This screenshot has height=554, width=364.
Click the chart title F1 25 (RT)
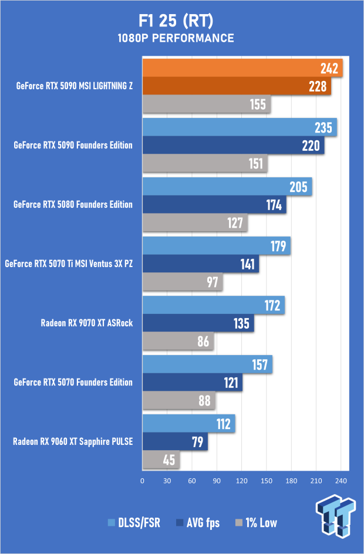point(181,22)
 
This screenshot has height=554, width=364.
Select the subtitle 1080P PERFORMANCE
point(181,39)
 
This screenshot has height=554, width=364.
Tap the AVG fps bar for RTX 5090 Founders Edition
point(233,146)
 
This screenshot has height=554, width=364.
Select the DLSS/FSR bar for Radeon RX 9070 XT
point(213,305)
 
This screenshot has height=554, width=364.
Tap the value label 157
point(259,365)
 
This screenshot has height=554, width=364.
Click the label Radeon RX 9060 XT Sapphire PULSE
point(73,442)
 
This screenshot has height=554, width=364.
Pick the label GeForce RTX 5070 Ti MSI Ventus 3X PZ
point(69,264)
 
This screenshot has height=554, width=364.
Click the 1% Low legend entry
point(256,523)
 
